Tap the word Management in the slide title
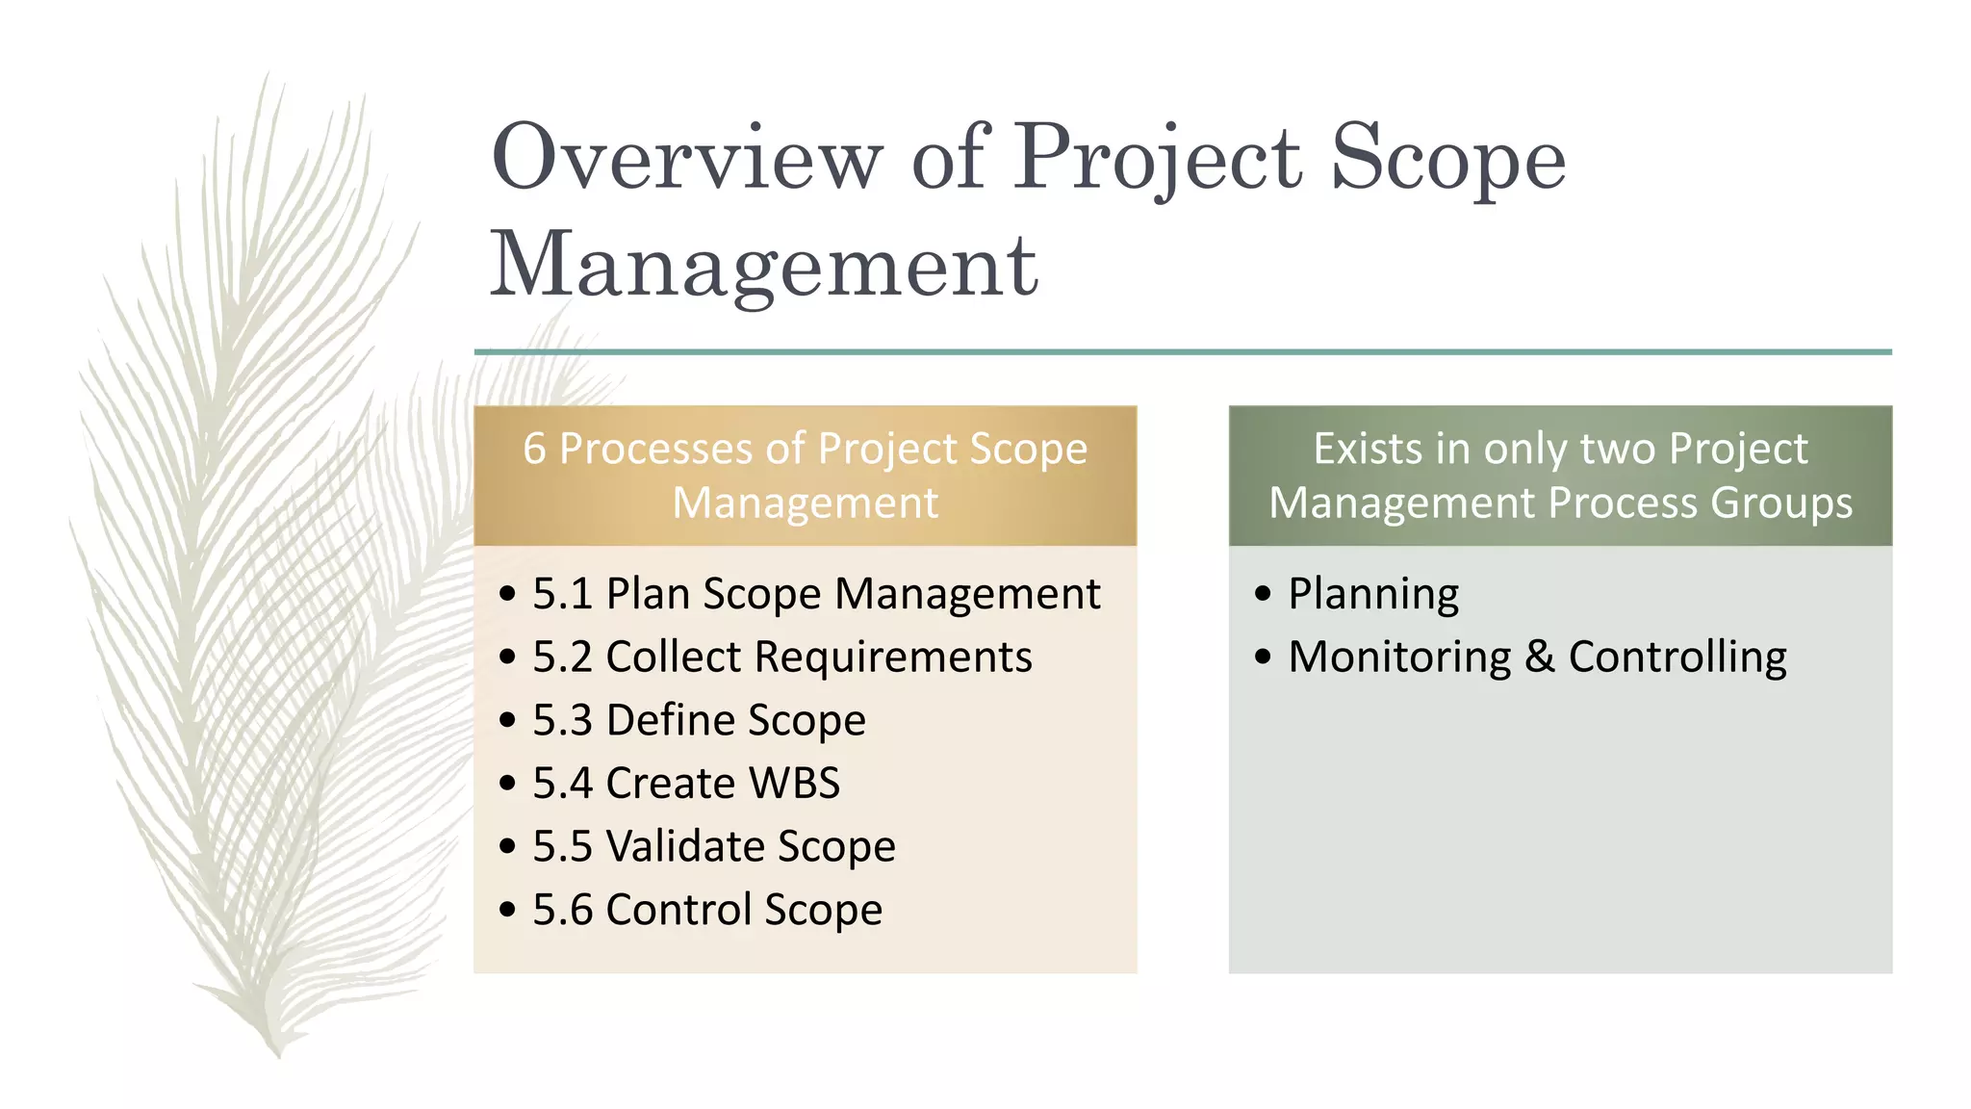(x=764, y=267)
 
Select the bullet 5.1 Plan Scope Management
(x=815, y=594)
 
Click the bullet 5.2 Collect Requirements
(x=781, y=658)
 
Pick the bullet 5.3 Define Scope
(x=699, y=721)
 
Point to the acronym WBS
(x=794, y=784)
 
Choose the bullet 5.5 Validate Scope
(x=713, y=847)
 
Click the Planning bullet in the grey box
(x=1372, y=594)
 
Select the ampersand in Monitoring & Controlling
(x=1539, y=658)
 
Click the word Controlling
(x=1677, y=658)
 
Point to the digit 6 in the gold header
(x=534, y=450)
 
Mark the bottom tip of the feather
(x=278, y=1057)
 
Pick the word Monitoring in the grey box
(x=1399, y=658)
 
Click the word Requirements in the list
(x=892, y=658)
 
